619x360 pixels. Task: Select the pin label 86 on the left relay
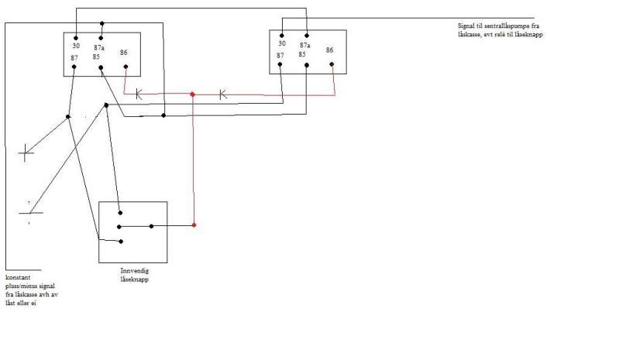[125, 53]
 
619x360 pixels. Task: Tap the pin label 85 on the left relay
[98, 57]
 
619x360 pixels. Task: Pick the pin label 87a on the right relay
[306, 46]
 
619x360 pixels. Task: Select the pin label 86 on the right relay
[330, 50]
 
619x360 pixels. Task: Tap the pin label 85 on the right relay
[304, 55]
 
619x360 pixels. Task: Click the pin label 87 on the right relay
[280, 55]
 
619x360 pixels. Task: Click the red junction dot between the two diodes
[193, 94]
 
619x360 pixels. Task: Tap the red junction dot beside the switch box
[194, 225]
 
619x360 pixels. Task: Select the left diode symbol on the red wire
[139, 94]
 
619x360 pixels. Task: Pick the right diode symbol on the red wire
[222, 94]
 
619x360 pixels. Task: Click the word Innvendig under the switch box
[132, 271]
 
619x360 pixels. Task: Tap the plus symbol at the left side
[26, 152]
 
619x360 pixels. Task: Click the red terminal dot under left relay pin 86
[126, 67]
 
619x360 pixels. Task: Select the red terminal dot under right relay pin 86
[332, 65]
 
